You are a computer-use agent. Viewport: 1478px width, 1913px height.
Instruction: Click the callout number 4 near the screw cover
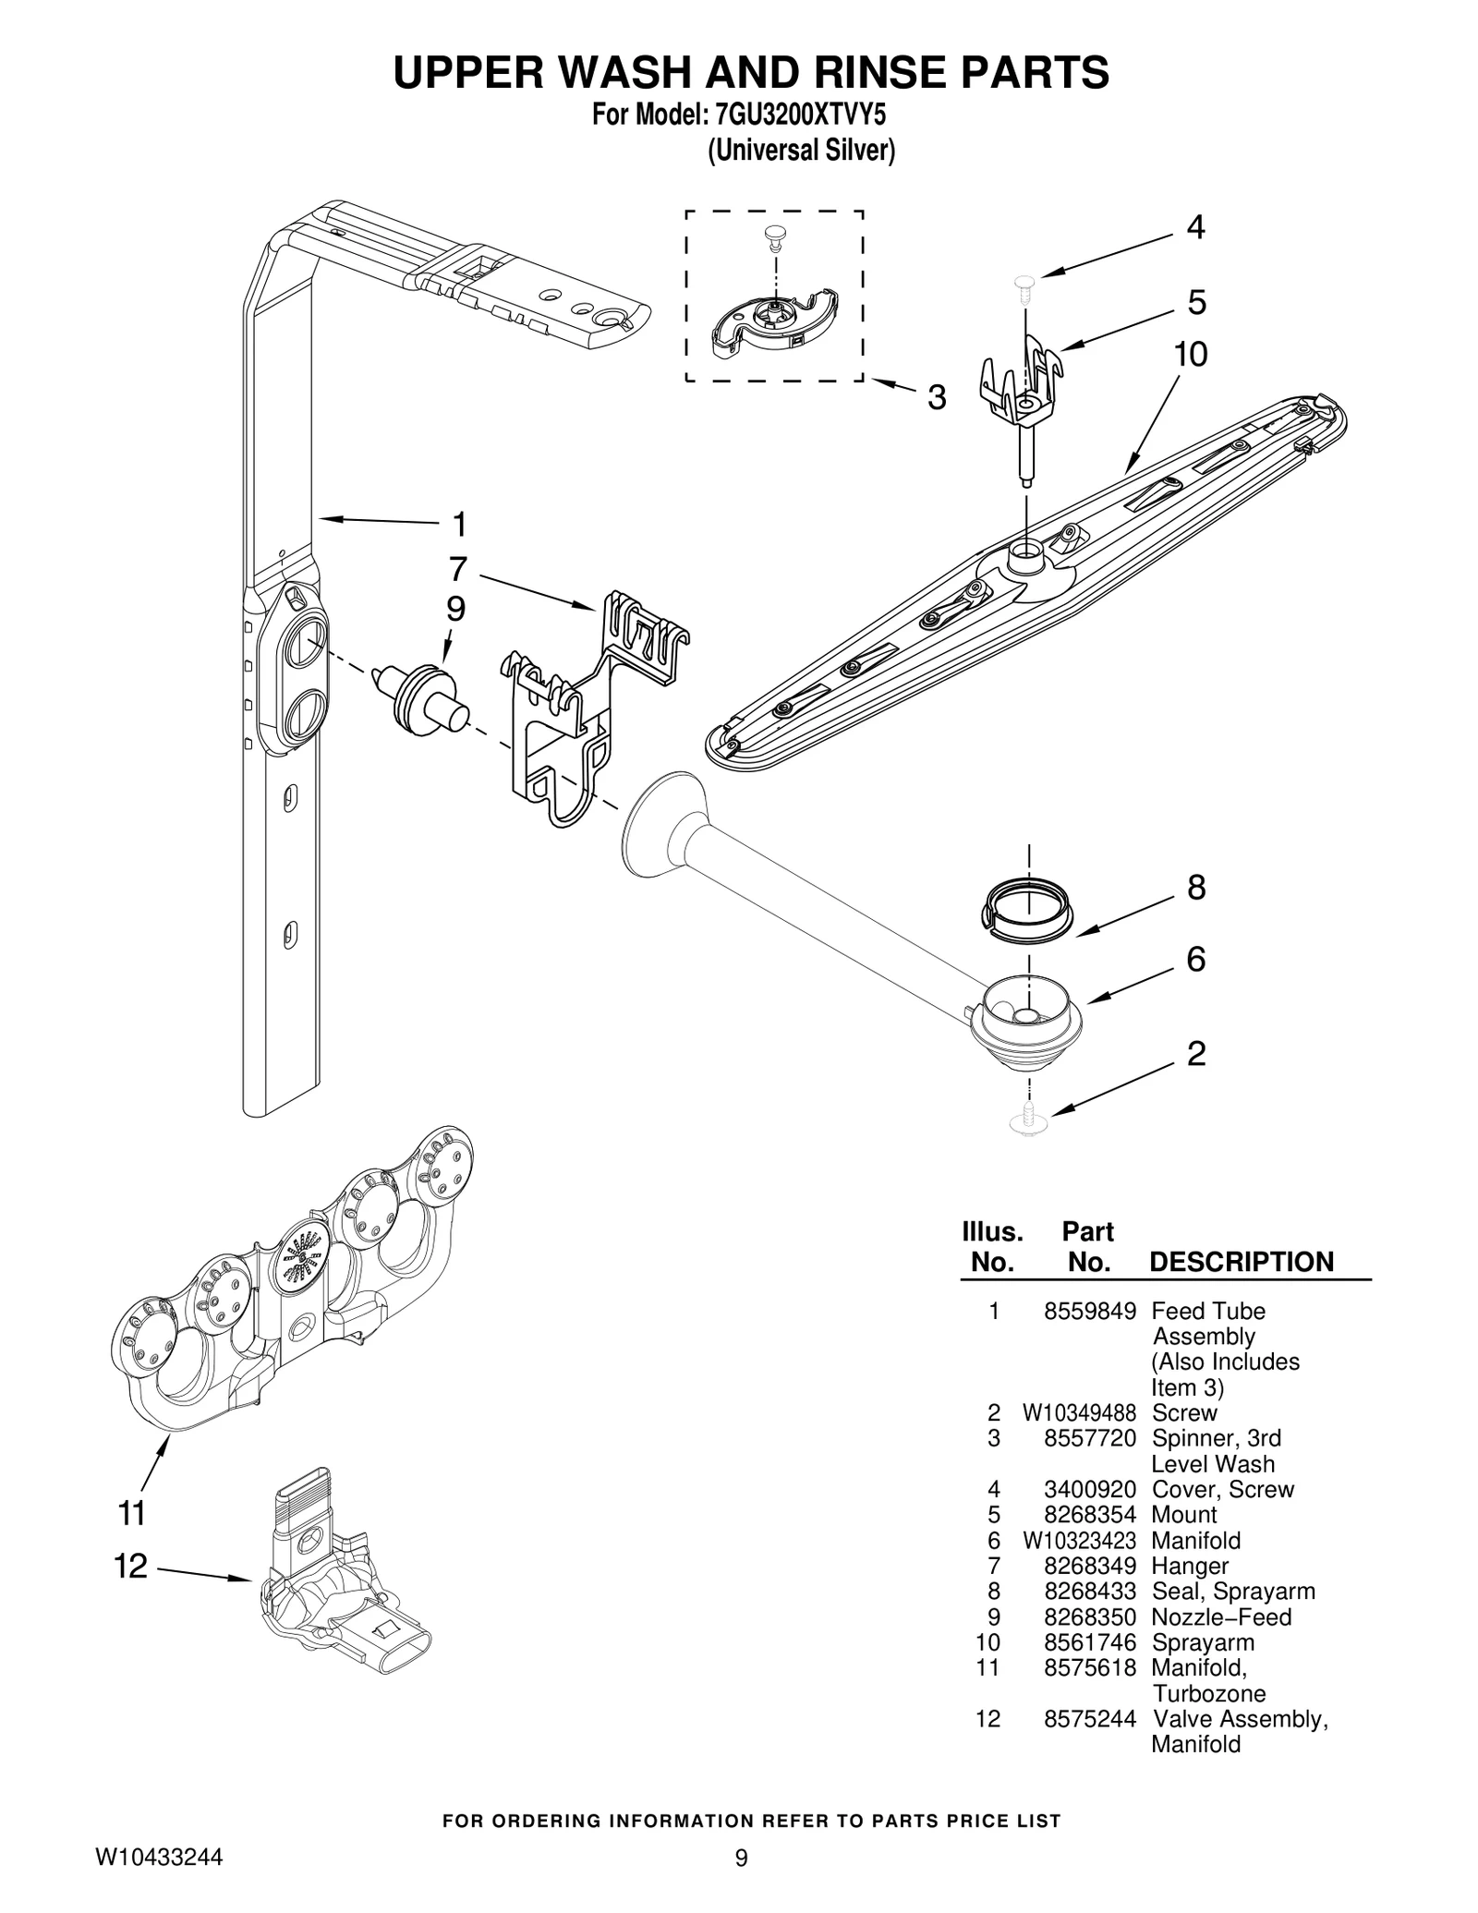pos(1195,227)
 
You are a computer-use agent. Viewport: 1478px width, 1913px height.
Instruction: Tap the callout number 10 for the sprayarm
pos(1191,355)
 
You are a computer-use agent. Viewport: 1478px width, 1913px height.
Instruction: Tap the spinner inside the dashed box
pos(774,320)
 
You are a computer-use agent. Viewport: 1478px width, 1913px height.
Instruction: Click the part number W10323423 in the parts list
pos(1079,1541)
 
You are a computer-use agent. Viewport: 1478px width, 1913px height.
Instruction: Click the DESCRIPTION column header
pos(1242,1262)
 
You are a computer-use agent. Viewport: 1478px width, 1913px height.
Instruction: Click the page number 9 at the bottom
pos(741,1858)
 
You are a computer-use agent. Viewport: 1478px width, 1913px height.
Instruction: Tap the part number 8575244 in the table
pos(1090,1719)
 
